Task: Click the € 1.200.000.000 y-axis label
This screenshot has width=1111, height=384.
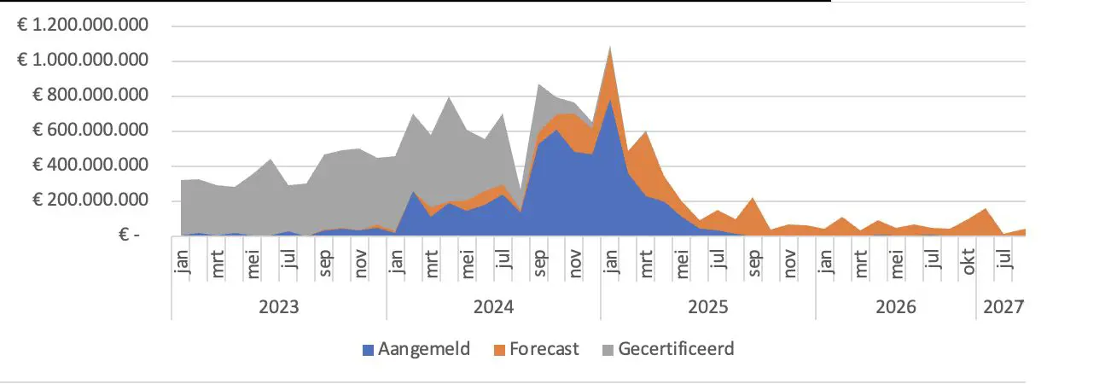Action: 84,26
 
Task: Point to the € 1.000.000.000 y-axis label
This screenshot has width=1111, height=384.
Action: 84,61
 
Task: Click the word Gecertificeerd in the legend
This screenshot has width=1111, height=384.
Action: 677,349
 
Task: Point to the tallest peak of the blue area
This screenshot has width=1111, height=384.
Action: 610,100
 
